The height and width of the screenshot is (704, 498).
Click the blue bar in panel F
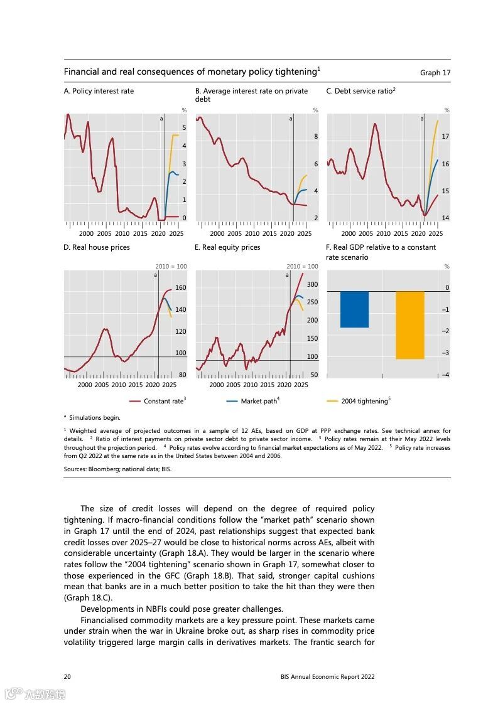click(354, 309)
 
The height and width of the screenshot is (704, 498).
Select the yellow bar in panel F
click(409, 324)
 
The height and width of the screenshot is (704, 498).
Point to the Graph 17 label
click(435, 73)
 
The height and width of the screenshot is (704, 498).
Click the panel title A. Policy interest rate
click(99, 91)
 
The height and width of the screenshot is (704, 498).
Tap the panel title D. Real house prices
click(97, 247)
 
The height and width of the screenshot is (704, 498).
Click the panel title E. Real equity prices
click(227, 247)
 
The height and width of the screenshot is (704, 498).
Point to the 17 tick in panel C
click(445, 136)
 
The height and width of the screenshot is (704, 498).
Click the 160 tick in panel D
click(181, 287)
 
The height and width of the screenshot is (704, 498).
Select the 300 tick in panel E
click(312, 284)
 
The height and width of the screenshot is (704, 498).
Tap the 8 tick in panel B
click(316, 136)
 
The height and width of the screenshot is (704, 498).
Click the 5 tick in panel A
click(184, 127)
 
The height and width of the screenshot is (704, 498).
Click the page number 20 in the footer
click(67, 676)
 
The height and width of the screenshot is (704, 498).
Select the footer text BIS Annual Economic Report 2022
click(327, 676)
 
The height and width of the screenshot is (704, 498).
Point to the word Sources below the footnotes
click(76, 469)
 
